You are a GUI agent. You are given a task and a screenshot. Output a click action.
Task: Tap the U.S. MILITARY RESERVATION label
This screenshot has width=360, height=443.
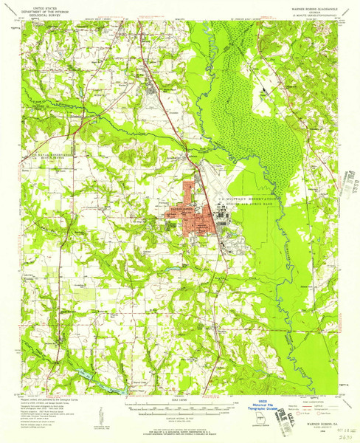(x=249, y=199)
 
